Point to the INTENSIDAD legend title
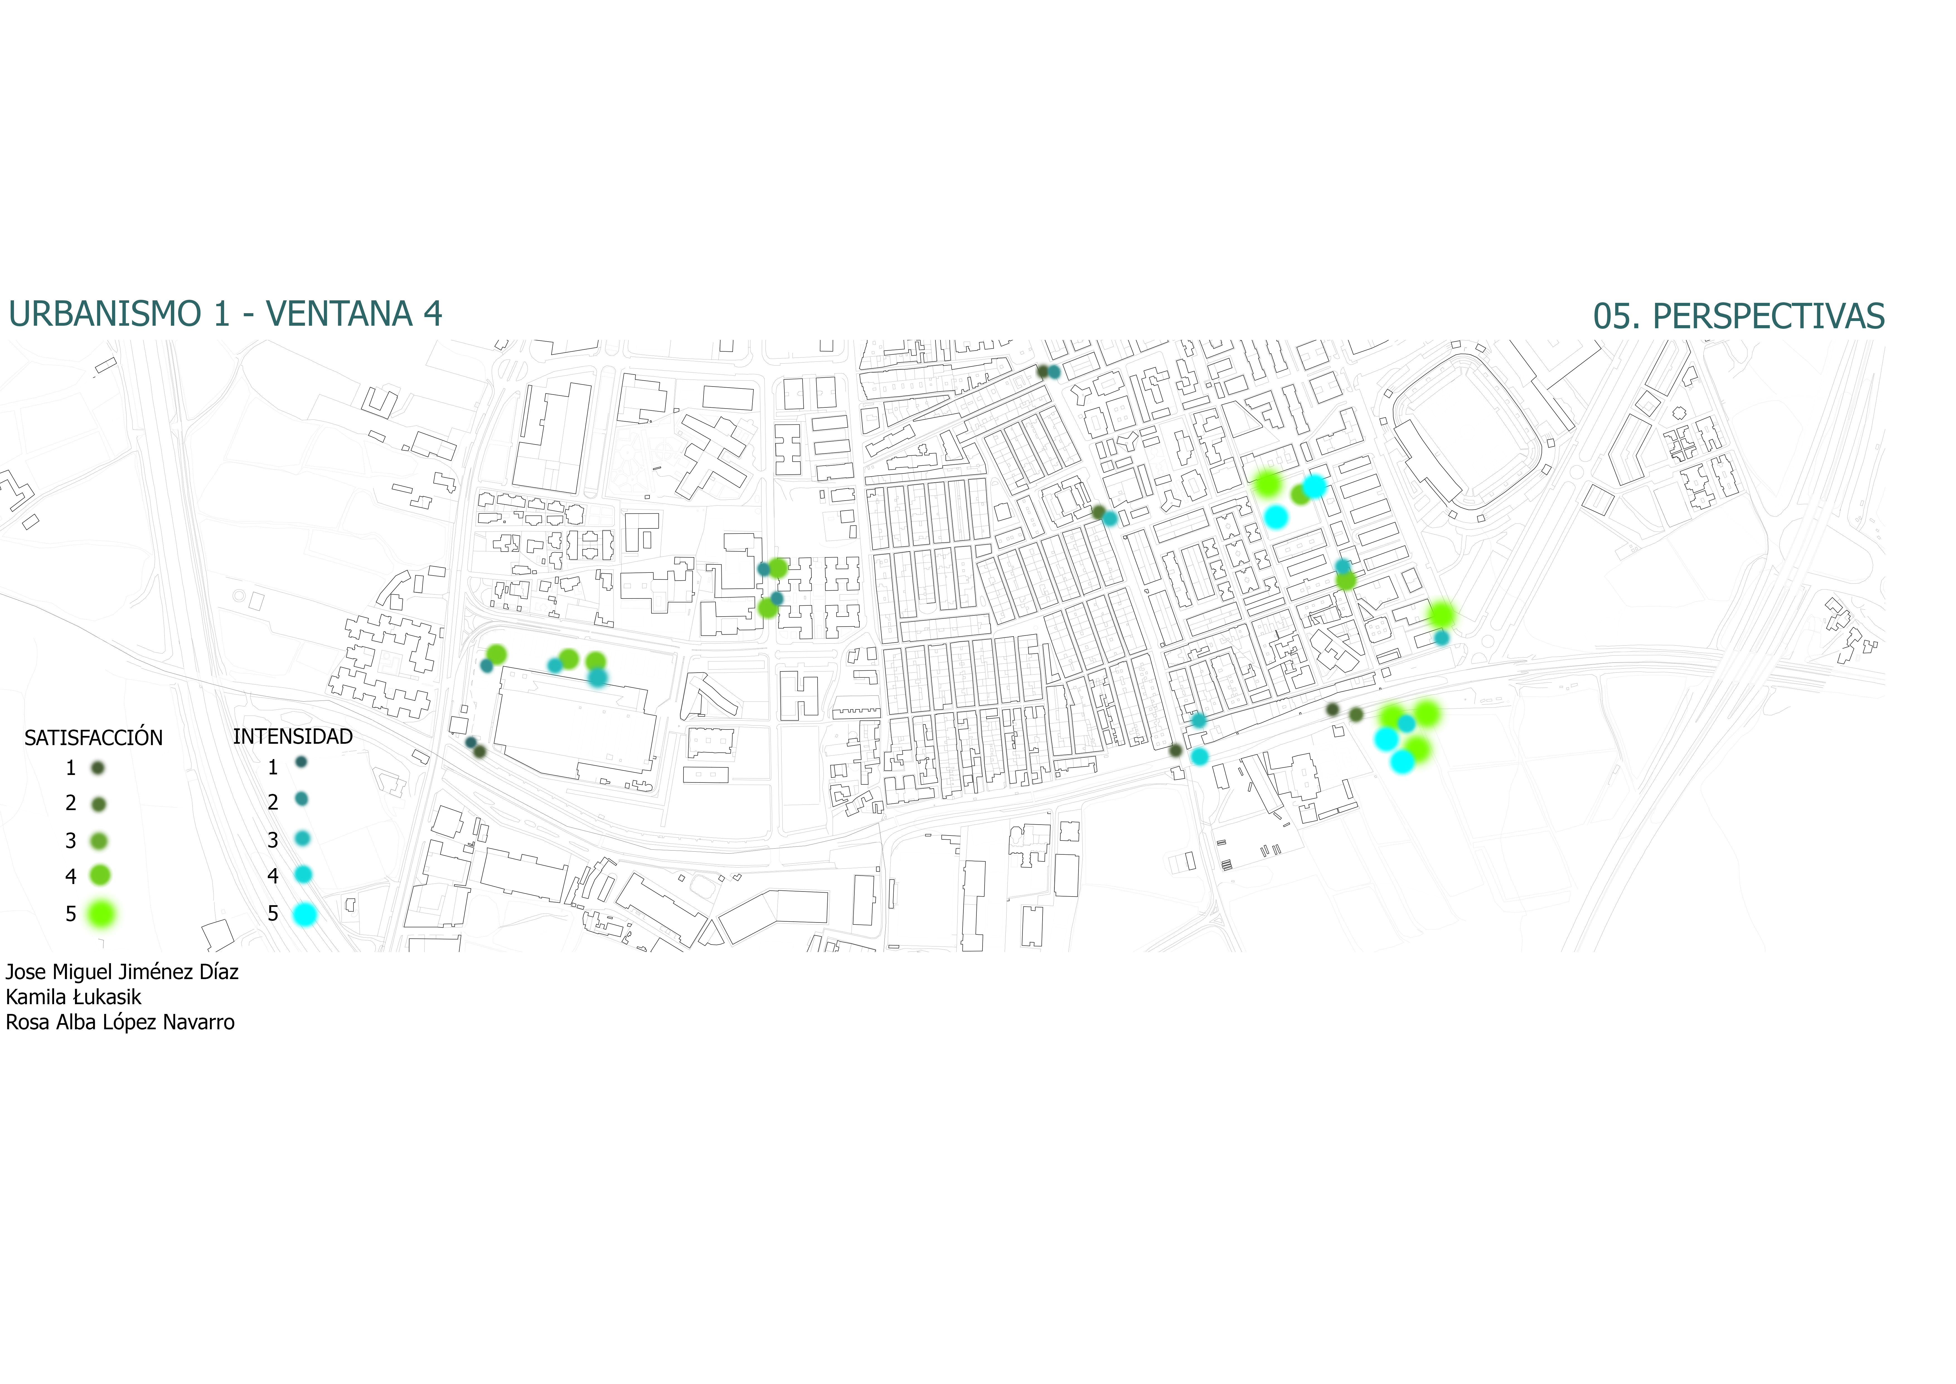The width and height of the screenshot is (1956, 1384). coord(293,736)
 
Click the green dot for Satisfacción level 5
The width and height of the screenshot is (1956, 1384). coord(101,914)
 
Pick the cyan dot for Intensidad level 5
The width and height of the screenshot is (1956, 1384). coord(304,914)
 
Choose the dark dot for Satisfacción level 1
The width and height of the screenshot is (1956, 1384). coord(98,768)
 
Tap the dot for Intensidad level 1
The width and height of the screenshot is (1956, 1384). coord(301,762)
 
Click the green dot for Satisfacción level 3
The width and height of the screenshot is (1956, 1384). coord(99,841)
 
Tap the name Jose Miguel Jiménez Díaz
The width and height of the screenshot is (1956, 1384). coord(122,972)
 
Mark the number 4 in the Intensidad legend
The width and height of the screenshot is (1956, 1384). coord(273,876)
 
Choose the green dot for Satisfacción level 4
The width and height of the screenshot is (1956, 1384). coord(100,875)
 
